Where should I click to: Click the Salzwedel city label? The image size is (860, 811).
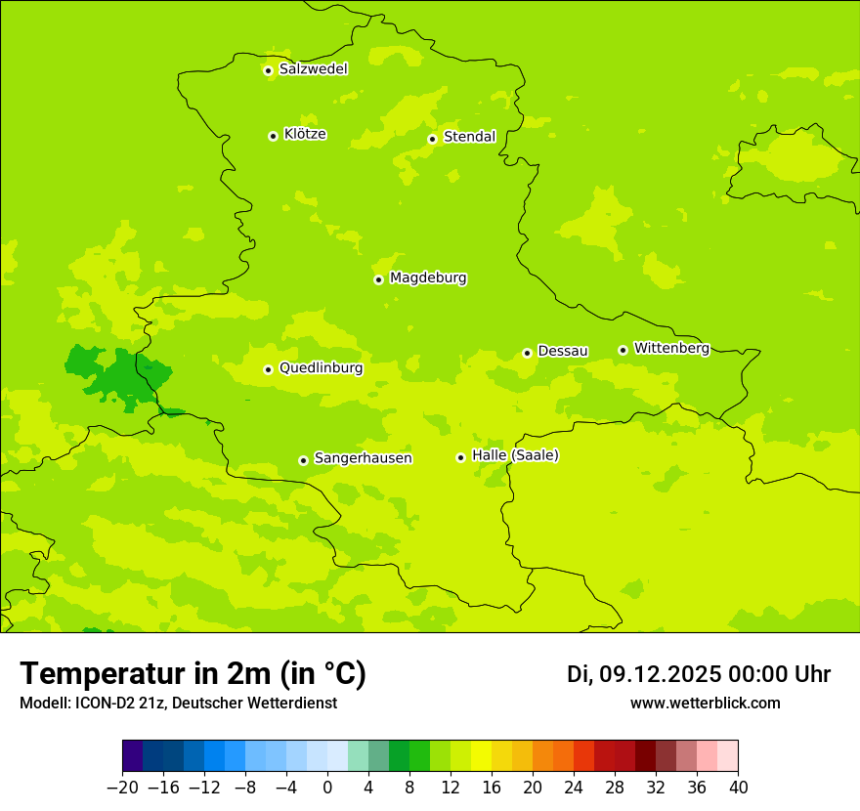313,69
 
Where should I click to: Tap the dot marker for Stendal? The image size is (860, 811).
432,139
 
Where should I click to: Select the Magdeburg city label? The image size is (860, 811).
428,278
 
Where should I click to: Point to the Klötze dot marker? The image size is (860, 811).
273,136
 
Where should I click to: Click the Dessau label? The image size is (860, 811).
563,351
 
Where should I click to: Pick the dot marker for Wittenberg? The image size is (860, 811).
623,350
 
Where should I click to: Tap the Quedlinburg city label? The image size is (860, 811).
321,368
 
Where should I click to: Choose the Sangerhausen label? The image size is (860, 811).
363,458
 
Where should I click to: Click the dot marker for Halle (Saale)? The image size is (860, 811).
460,457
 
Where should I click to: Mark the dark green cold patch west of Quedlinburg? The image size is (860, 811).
117,376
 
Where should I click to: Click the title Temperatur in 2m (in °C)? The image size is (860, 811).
193,673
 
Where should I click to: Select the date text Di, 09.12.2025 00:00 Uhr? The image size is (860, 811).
699,674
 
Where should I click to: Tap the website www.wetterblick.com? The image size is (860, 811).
705,703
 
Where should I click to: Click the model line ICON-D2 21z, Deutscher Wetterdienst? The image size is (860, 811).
178,703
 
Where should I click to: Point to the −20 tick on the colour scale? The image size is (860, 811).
122,788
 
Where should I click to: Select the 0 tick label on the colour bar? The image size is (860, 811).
327,788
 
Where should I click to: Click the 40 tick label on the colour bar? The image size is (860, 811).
738,788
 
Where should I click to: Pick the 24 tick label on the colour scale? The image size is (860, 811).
574,788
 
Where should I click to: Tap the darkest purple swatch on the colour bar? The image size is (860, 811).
133,756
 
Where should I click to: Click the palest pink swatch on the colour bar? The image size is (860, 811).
727,756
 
